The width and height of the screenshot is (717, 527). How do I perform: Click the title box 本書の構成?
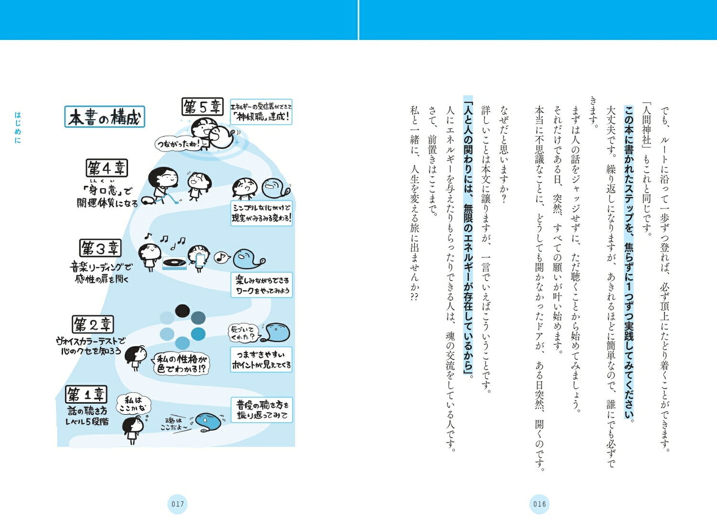[105, 117]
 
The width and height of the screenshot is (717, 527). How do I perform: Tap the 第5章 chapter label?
[202, 107]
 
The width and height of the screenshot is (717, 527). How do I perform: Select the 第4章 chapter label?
[107, 168]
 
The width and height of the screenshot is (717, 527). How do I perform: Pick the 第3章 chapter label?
[100, 248]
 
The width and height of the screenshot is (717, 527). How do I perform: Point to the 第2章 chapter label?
[93, 325]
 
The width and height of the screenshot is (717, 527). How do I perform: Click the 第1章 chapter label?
[86, 395]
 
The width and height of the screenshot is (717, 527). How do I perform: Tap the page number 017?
[178, 504]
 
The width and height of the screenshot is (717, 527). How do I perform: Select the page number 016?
[540, 504]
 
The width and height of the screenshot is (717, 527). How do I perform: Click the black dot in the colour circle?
[182, 311]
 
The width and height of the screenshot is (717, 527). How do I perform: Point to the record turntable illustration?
[174, 262]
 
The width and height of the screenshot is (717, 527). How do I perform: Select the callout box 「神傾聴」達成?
[261, 112]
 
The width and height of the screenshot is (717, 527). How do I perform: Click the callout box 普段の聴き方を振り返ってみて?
[261, 410]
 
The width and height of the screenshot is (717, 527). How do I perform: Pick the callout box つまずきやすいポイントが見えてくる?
[261, 360]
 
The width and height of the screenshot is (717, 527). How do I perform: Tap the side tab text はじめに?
[18, 127]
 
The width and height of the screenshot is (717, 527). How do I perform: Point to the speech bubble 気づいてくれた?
[243, 333]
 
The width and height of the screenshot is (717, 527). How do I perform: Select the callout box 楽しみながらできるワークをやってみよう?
[261, 285]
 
